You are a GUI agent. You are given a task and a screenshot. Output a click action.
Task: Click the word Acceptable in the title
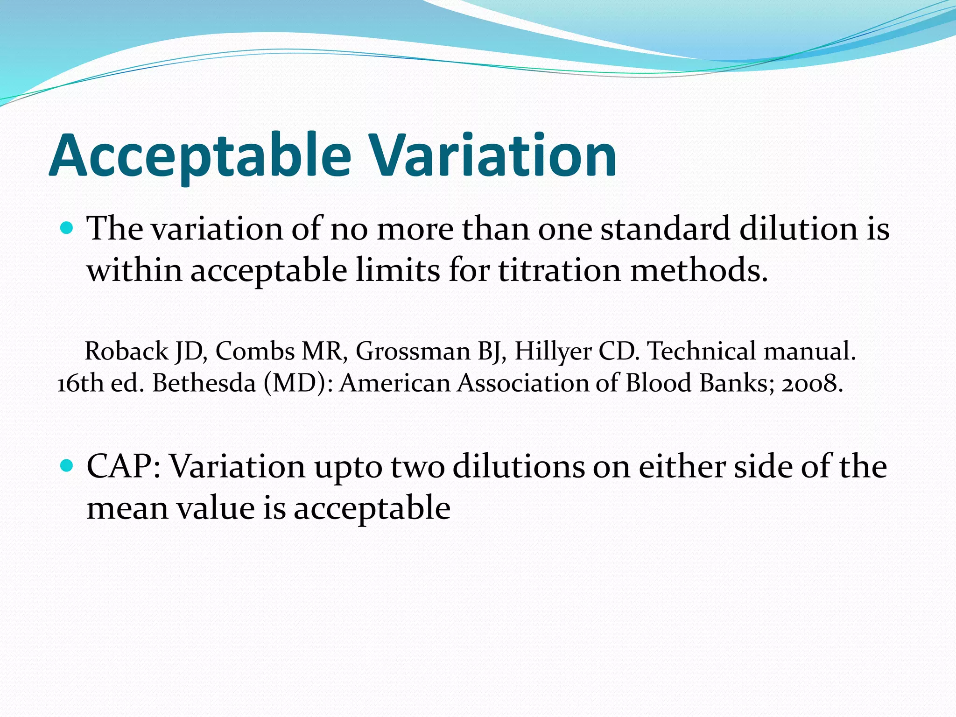[x=200, y=156]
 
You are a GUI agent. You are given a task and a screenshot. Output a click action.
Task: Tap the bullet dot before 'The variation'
[x=67, y=228]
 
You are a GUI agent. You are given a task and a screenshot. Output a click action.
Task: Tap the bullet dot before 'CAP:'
[x=67, y=465]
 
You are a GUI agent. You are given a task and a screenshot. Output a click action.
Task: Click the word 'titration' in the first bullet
[x=560, y=271]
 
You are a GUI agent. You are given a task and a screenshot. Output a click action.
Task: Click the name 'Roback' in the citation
[x=126, y=351]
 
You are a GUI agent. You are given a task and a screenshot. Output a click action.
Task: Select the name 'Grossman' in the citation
[x=413, y=351]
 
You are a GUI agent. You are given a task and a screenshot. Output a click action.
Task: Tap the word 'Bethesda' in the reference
[x=204, y=383]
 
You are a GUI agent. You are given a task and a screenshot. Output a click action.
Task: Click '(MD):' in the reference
[x=298, y=384]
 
